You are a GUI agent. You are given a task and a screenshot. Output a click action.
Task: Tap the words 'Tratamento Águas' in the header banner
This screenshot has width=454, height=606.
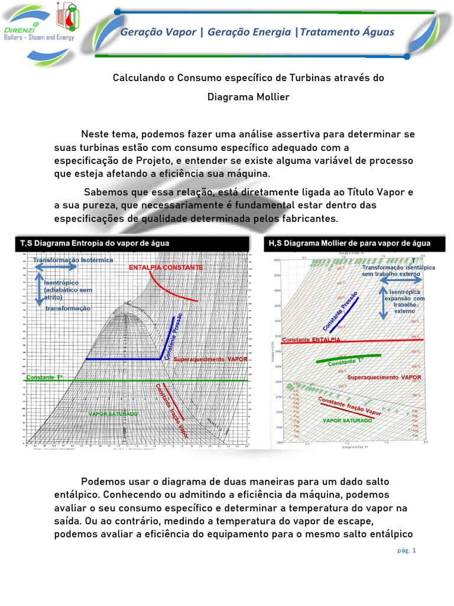pos(347,31)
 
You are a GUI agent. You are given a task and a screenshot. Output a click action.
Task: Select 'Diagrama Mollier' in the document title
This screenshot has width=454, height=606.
pos(248,96)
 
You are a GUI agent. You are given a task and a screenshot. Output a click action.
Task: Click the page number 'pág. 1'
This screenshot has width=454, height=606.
pos(407,550)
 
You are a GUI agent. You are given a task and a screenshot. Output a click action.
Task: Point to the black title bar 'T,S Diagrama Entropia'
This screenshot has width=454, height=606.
pos(95,243)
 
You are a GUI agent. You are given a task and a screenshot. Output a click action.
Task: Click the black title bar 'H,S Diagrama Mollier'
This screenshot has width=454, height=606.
pos(349,243)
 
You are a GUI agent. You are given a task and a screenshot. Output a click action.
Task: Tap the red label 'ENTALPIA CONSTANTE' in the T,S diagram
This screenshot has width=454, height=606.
pos(166,268)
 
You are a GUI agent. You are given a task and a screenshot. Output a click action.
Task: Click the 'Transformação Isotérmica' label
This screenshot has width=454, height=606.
pos(73,260)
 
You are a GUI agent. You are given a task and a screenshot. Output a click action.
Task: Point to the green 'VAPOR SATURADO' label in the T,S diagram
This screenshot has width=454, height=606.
pos(113,413)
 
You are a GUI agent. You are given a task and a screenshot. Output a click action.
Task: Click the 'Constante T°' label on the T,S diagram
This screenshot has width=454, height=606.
pos(45,377)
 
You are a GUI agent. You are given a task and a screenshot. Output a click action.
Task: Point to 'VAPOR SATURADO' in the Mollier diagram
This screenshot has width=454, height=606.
pos(348,420)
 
